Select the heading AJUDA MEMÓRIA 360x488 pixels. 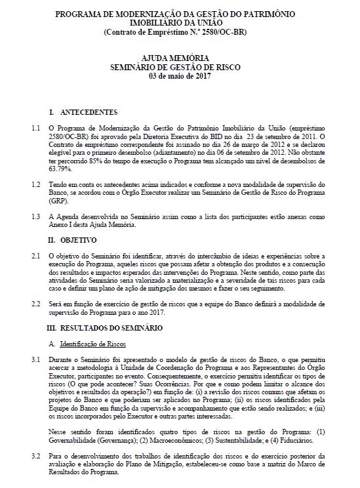tap(181, 58)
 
